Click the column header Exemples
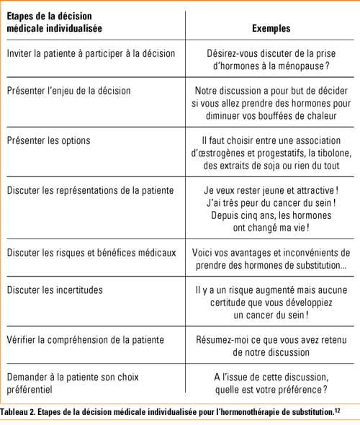click(271, 29)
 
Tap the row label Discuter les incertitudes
click(55, 290)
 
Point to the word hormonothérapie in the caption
click(239, 412)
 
